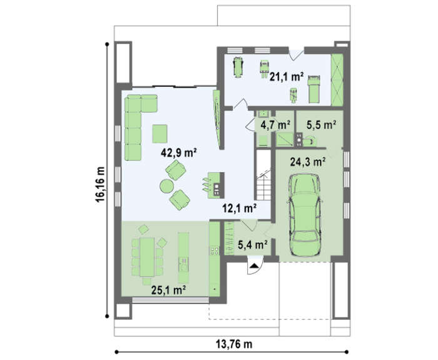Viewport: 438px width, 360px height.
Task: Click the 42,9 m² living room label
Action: coord(179,153)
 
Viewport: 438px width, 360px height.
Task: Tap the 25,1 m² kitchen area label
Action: coord(169,290)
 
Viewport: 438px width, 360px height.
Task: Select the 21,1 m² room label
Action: coord(287,76)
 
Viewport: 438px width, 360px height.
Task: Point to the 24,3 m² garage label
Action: coord(308,162)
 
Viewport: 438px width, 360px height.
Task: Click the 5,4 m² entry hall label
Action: coord(253,245)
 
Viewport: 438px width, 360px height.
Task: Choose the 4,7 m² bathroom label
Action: coord(275,125)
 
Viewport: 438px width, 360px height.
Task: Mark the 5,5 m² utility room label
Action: coord(321,125)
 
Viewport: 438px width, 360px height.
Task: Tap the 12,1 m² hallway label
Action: coord(240,208)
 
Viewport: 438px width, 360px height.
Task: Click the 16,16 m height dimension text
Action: coord(100,185)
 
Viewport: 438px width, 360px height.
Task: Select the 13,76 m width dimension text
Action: coord(234,344)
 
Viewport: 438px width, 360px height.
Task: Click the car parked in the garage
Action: coord(305,215)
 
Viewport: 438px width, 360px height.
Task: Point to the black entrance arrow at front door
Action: coord(254,266)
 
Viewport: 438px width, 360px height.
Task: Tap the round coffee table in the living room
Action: coord(167,186)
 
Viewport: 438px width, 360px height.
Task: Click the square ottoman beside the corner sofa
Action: coord(160,134)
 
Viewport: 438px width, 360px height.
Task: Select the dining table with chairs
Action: coord(147,257)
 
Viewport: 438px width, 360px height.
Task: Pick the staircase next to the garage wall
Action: coord(263,175)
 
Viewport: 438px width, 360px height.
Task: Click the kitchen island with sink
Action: coord(183,257)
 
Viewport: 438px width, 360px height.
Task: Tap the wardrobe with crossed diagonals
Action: coord(337,80)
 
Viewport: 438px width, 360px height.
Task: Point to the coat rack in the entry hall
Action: coord(230,239)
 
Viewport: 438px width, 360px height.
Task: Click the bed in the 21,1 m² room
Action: coord(313,89)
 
